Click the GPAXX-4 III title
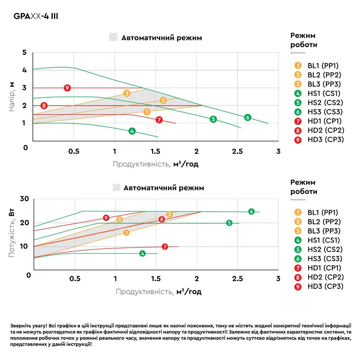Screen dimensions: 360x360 pyautogui.click(x=36, y=16)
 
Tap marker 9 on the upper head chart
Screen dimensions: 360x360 pyautogui.click(x=67, y=88)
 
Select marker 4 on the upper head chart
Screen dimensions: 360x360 pyautogui.click(x=132, y=131)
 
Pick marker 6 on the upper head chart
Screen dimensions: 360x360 pyautogui.click(x=247, y=117)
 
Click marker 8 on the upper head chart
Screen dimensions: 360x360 pyautogui.click(x=44, y=106)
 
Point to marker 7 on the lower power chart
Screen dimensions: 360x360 pyautogui.click(x=165, y=247)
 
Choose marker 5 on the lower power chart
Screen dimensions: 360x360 pyautogui.click(x=229, y=223)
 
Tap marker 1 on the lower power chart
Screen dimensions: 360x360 pyautogui.click(x=126, y=233)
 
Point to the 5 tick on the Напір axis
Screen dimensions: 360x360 pyautogui.click(x=25, y=52)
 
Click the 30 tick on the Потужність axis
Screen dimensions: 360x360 pyautogui.click(x=25, y=199)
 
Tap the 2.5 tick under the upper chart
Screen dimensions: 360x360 pyautogui.click(x=237, y=151)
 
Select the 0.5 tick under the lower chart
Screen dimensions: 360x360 pyautogui.click(x=75, y=279)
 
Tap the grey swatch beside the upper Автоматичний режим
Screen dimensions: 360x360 pyautogui.click(x=113, y=37)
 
